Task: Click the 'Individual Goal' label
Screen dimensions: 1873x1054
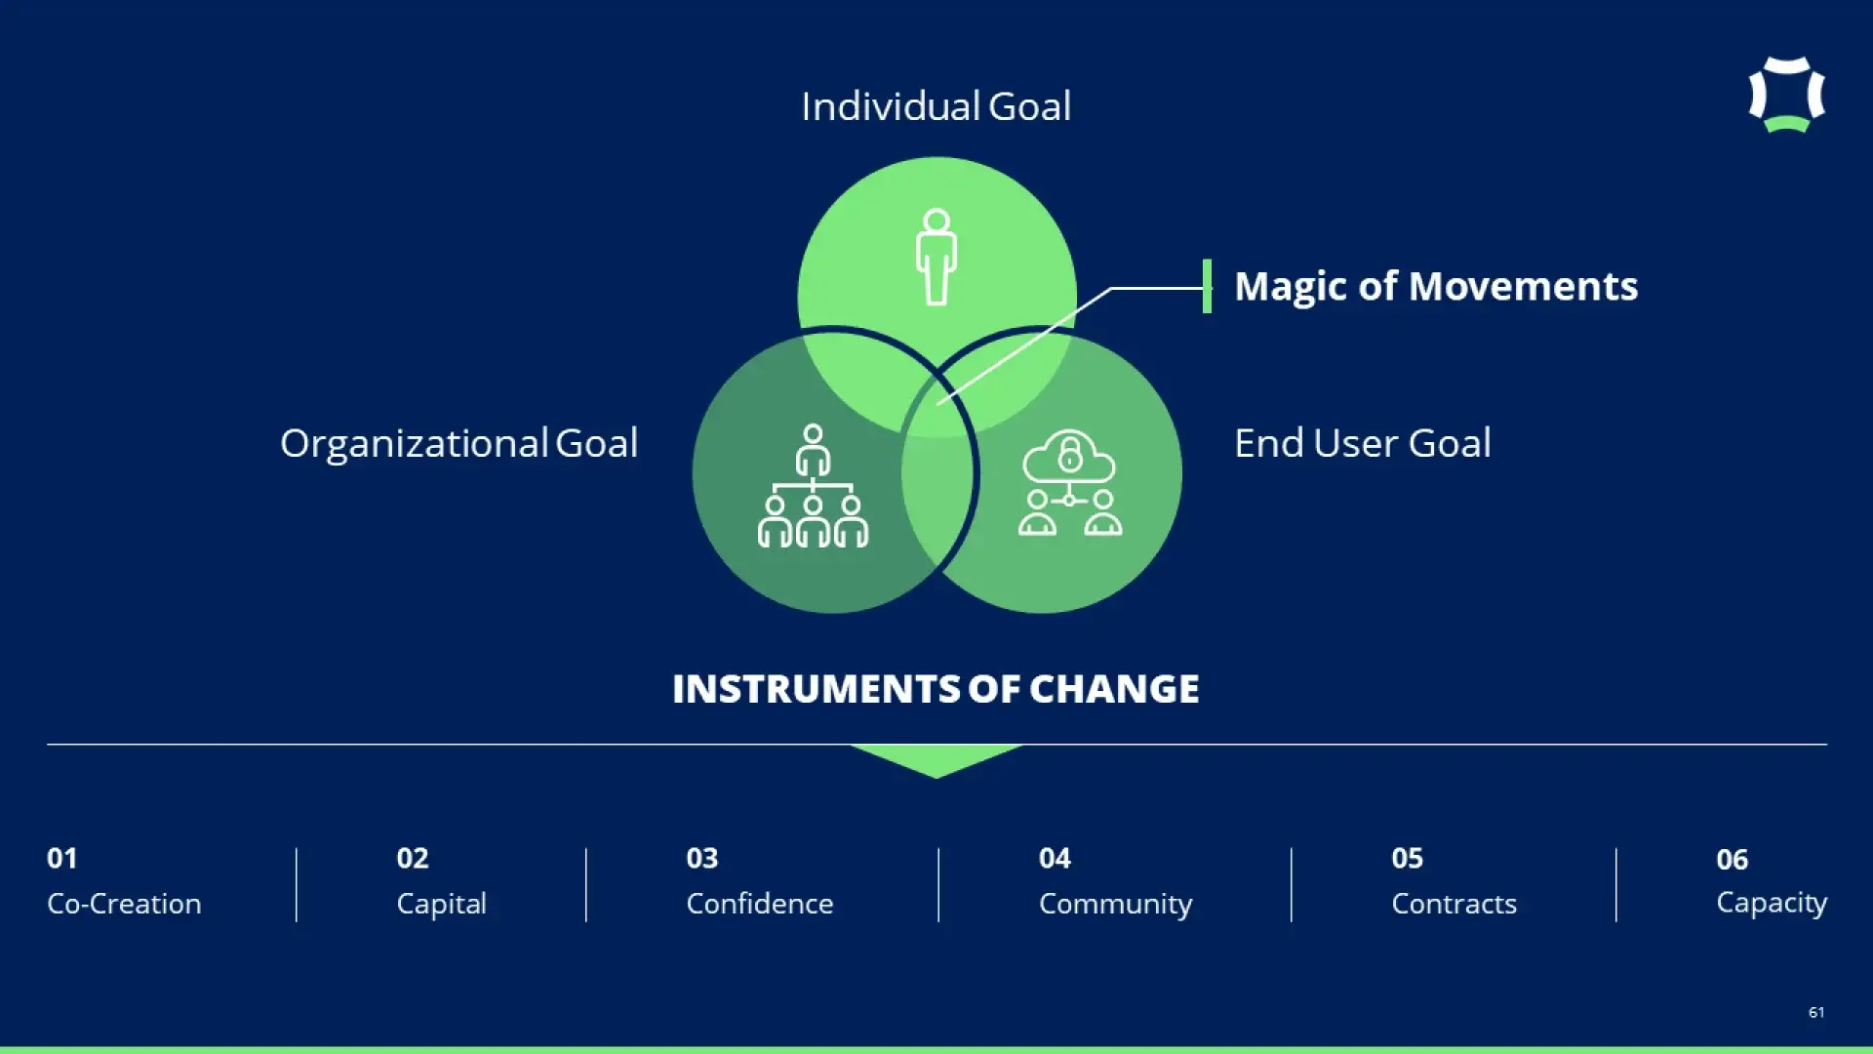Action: [936, 106]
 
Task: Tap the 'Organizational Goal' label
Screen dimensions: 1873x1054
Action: [458, 444]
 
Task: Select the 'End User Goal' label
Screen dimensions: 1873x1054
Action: [1363, 443]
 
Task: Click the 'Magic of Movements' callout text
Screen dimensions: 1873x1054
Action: [1436, 287]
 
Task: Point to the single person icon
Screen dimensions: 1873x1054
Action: [936, 257]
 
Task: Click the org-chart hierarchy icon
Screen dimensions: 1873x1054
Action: [813, 485]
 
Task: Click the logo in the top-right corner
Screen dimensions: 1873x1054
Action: [1786, 95]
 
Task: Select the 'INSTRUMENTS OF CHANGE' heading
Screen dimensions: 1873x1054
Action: [936, 689]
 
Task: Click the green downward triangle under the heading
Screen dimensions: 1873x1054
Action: [936, 758]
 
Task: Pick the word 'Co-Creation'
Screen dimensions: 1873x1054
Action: [124, 904]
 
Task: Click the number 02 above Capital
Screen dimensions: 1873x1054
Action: [413, 859]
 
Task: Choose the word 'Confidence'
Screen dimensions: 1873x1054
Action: [760, 904]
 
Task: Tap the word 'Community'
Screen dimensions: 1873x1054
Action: [1115, 905]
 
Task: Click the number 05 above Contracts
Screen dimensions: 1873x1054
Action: [1408, 859]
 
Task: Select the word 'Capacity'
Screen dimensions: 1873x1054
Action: [1772, 904]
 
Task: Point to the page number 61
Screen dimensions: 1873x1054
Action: [1816, 1012]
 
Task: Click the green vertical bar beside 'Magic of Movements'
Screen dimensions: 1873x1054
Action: [1207, 286]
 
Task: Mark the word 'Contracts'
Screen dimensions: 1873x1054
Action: [1454, 904]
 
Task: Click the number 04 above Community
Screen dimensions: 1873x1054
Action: [1055, 859]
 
